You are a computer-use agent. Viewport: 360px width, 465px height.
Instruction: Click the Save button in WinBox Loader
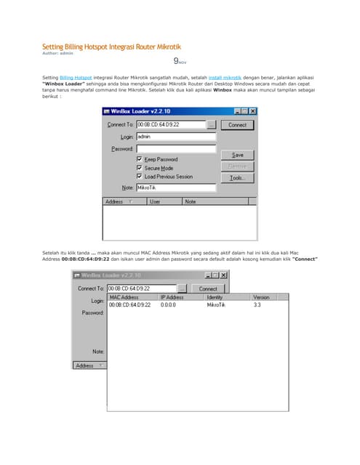(237, 155)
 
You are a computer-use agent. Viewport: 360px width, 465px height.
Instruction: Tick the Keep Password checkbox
(140, 159)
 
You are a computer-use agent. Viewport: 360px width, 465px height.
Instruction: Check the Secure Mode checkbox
(140, 168)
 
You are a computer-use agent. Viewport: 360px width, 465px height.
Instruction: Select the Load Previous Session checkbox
(140, 177)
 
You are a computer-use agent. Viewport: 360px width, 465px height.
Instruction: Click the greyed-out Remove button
(237, 166)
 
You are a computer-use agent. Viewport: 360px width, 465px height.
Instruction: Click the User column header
(156, 201)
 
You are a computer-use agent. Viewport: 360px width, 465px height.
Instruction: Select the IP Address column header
(172, 297)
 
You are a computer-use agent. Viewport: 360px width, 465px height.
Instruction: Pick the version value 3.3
(257, 305)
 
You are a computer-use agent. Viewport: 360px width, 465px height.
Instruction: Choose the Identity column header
(215, 297)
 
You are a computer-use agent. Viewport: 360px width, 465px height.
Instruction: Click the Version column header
(261, 297)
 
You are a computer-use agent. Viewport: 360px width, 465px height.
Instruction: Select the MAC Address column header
(124, 297)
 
